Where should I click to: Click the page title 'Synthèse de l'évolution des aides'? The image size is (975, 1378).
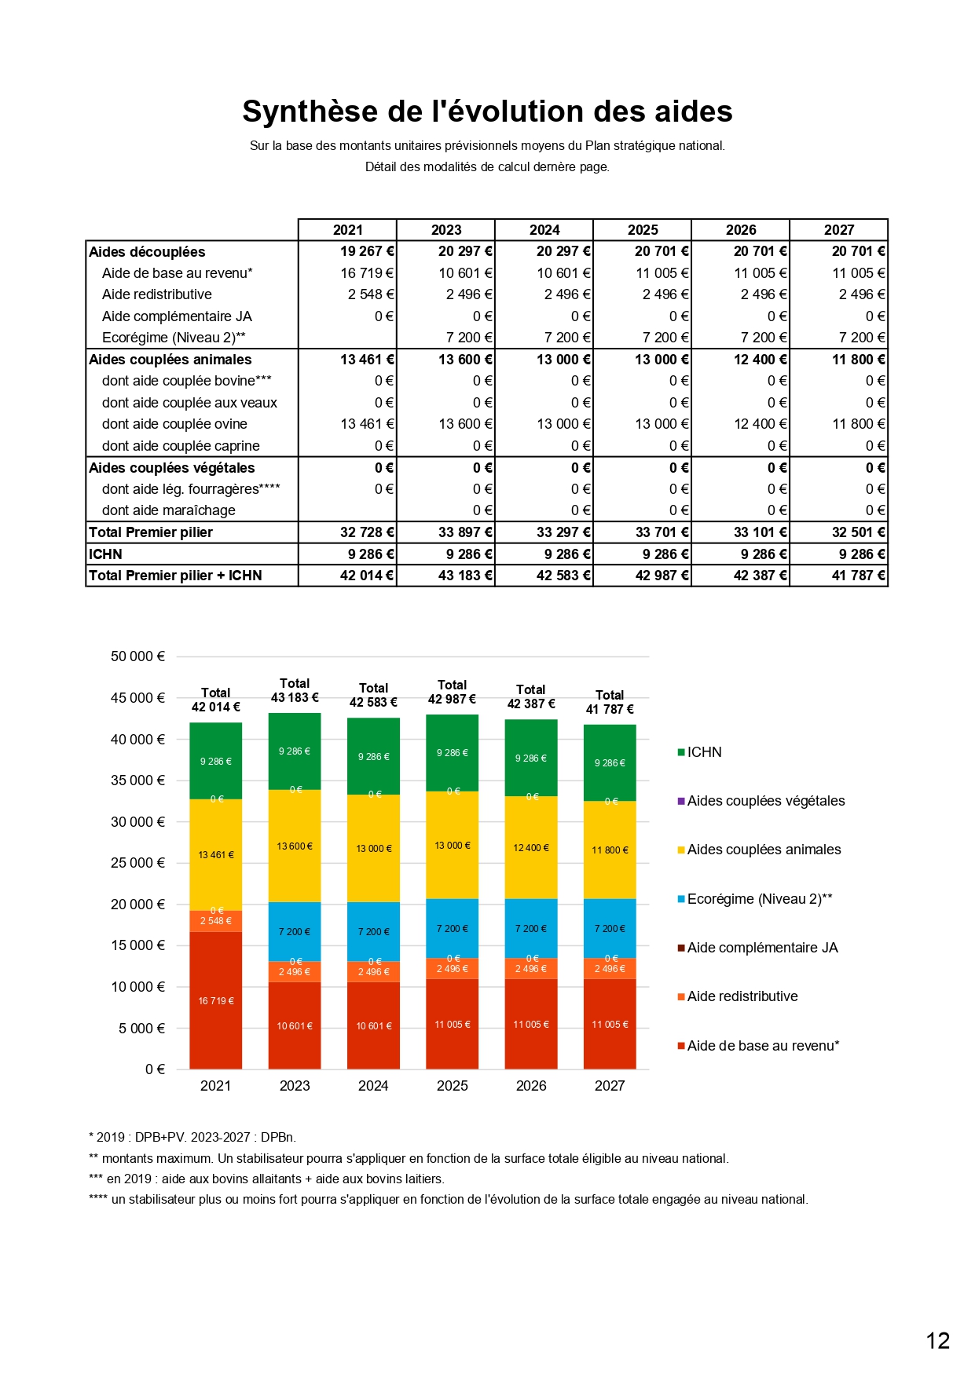pyautogui.click(x=487, y=111)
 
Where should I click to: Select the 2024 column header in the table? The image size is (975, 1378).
pyautogui.click(x=544, y=230)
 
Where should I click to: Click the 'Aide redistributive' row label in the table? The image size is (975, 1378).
pyautogui.click(x=157, y=294)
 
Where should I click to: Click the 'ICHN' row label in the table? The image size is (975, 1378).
pyautogui.click(x=105, y=554)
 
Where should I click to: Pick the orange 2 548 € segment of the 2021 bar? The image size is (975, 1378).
pyautogui.click(x=215, y=921)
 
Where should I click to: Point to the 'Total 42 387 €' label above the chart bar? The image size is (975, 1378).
pyautogui.click(x=531, y=696)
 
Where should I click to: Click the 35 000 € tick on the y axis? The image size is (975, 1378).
pyautogui.click(x=138, y=780)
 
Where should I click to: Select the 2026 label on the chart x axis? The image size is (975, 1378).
pyautogui.click(x=531, y=1086)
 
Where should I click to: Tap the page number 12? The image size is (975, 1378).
pyautogui.click(x=938, y=1341)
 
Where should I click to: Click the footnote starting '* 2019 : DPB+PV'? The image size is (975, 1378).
pyautogui.click(x=192, y=1137)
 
